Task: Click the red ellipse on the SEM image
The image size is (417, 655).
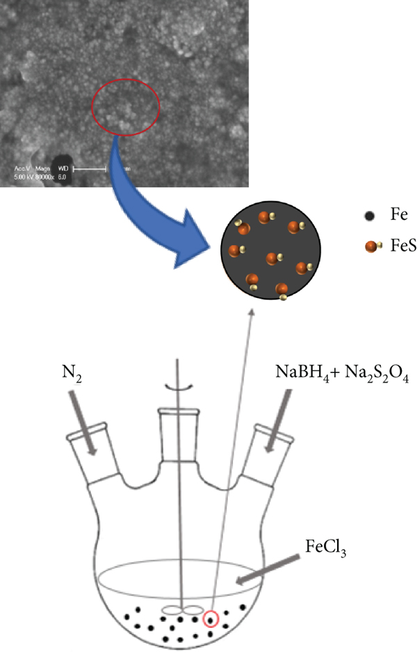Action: (126, 106)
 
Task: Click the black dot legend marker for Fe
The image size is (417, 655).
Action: (370, 216)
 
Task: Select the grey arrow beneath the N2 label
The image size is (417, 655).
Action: (85, 428)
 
